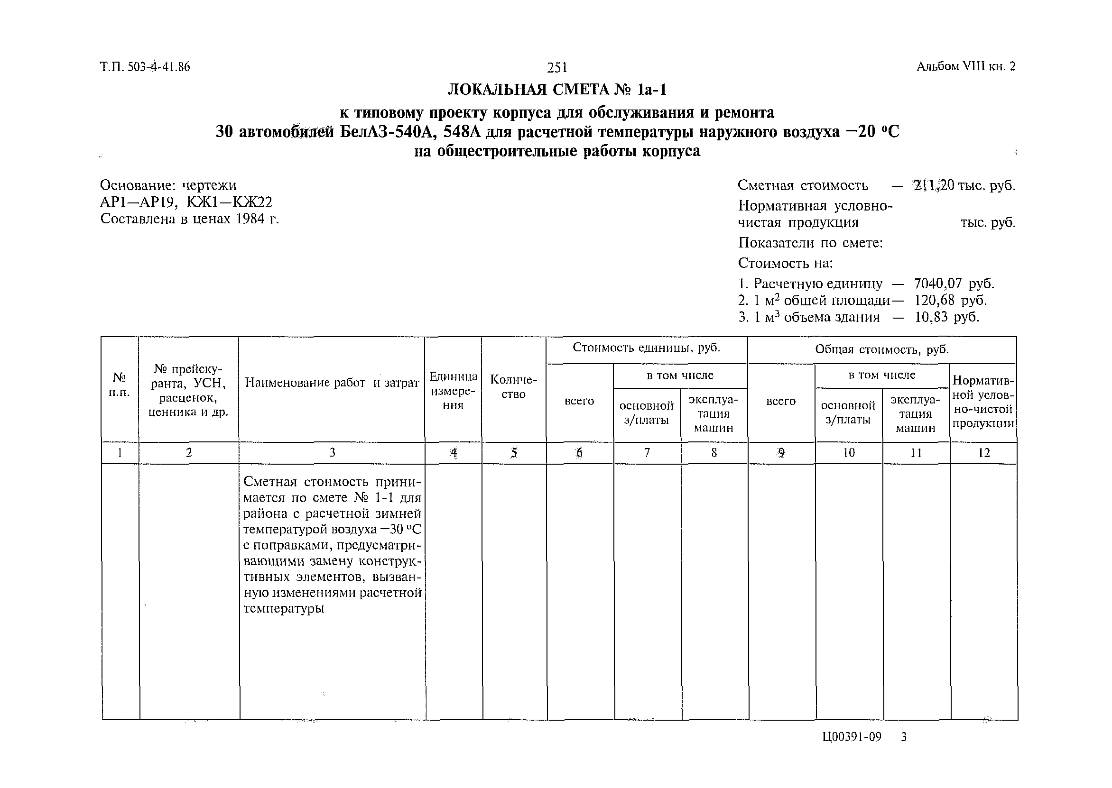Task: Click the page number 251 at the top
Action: (557, 67)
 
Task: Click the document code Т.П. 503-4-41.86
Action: (145, 67)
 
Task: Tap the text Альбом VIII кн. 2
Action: (965, 66)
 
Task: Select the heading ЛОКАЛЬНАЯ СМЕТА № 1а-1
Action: (557, 90)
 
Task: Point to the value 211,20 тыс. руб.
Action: (964, 185)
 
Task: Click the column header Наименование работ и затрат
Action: (332, 383)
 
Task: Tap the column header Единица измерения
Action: (453, 391)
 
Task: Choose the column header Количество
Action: (513, 386)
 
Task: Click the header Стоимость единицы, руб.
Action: (646, 348)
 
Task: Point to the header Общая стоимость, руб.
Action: (881, 349)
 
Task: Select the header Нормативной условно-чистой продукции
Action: (982, 402)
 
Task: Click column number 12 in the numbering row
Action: (983, 453)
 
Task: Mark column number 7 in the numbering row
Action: (647, 453)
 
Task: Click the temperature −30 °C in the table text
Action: (400, 530)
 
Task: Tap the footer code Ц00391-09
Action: (852, 738)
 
